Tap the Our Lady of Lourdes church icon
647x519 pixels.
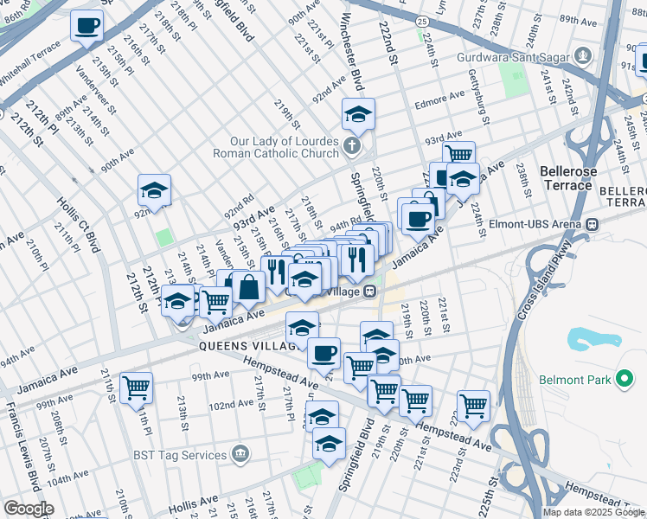[x=351, y=145]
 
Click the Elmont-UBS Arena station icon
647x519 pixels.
[x=592, y=224]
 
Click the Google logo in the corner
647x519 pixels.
[x=29, y=509]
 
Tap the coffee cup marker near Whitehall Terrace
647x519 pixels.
[x=86, y=26]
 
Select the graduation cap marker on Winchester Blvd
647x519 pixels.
[x=357, y=112]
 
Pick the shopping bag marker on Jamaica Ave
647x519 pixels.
[x=248, y=286]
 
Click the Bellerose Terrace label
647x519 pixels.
[x=567, y=178]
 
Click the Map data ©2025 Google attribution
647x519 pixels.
[x=594, y=512]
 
